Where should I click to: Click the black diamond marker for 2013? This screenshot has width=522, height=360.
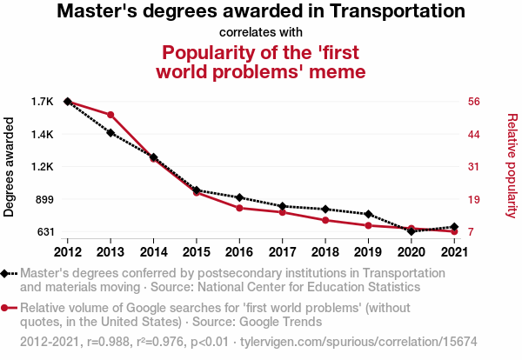110,133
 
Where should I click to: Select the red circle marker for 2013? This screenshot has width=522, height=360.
110,115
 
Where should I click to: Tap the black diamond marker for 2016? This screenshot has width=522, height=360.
239,198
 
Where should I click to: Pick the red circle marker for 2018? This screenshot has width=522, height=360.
325,220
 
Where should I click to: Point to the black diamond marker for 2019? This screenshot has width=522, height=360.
368,214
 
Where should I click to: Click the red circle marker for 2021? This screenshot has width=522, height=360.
454,231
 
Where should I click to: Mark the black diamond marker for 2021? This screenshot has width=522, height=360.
454,227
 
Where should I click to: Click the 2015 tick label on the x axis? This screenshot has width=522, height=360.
196,252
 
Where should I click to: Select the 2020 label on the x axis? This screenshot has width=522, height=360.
411,252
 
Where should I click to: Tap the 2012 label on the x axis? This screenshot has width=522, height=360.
67,252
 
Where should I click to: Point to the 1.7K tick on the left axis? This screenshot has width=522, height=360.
42,102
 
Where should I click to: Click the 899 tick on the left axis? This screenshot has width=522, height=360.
43,199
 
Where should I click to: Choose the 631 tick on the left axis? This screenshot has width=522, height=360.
43,232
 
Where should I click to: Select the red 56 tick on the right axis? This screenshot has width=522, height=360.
474,102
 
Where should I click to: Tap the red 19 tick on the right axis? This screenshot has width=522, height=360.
474,199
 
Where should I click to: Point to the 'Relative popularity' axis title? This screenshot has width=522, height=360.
512,167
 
